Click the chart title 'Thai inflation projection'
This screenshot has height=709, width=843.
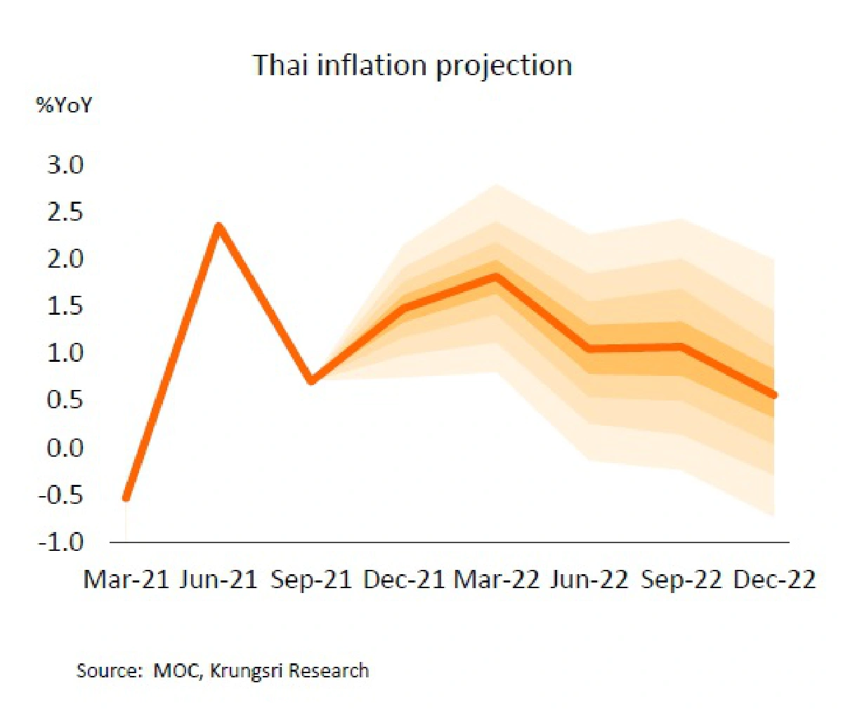[412, 65]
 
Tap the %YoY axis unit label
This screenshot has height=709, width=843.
[64, 106]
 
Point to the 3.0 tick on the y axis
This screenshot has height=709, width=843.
[65, 165]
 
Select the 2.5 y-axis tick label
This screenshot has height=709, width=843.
[65, 212]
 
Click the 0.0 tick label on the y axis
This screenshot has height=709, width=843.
[65, 448]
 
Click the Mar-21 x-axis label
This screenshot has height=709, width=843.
[126, 580]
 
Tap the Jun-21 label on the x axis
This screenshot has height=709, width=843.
[218, 580]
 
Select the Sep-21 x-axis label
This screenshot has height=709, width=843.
[311, 580]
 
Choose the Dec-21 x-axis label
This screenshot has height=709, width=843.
[404, 580]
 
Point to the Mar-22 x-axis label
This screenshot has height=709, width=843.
[497, 580]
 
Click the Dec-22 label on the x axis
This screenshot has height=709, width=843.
[774, 580]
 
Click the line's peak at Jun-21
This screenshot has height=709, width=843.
[219, 226]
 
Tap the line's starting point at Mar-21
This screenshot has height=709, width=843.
[126, 497]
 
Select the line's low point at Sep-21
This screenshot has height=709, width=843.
[312, 381]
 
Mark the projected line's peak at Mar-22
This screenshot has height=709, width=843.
[497, 277]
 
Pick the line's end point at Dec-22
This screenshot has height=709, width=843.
[774, 396]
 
